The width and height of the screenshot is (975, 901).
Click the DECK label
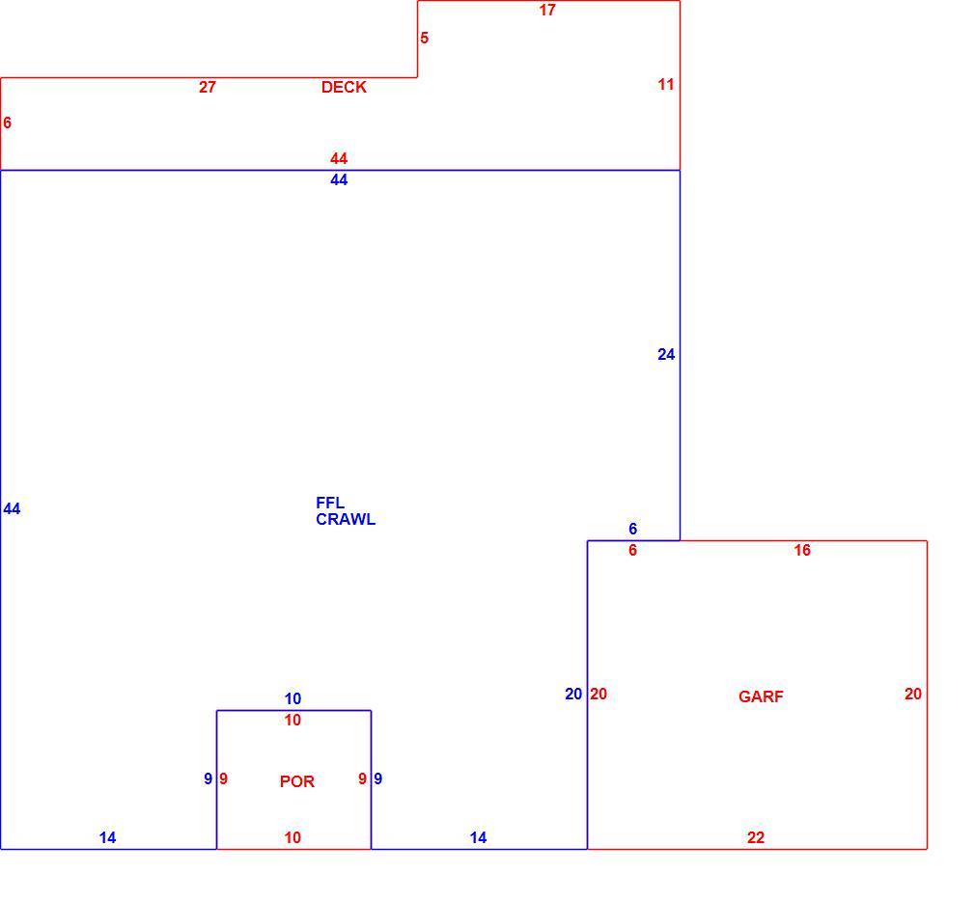[344, 87]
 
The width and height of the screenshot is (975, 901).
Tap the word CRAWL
[346, 519]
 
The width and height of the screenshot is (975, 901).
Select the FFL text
[330, 503]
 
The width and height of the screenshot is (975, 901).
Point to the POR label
[297, 781]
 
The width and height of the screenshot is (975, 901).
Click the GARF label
[761, 696]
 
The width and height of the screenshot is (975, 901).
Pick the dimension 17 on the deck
[547, 10]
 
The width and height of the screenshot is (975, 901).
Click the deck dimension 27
[207, 87]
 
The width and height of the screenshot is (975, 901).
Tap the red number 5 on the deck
[424, 38]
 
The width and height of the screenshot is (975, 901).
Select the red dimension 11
[666, 85]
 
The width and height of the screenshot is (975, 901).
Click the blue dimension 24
[666, 354]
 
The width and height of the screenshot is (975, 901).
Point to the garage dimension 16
[802, 550]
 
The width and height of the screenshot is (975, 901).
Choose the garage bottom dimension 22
[756, 837]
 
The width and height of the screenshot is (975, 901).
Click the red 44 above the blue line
[339, 158]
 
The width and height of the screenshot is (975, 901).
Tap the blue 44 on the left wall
[12, 509]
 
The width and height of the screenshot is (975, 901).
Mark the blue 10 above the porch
[292, 698]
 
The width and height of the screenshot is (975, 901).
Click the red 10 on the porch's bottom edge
[292, 837]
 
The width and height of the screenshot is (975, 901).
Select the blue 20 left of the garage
[573, 695]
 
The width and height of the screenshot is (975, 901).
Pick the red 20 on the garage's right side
[913, 695]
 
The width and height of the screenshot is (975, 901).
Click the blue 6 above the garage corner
[633, 529]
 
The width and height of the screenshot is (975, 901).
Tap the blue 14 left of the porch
[107, 837]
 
